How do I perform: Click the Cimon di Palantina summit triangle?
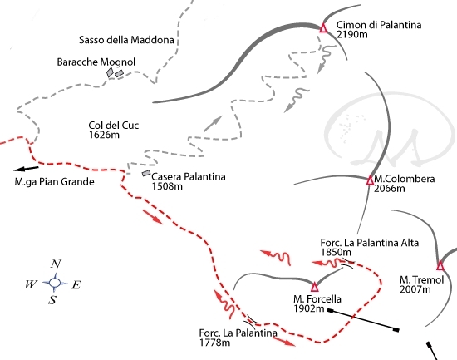pos(323,28)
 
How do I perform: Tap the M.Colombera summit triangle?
pos(370,180)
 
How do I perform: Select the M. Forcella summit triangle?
pos(314,287)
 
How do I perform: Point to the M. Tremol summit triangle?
pos(440,266)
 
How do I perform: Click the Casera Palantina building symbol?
pos(146,173)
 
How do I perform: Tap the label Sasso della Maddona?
pos(126,40)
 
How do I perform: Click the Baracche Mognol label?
pos(96,62)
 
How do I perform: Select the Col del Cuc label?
pos(113,126)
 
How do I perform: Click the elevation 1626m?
pos(104,135)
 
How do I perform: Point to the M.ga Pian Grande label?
pos(54,182)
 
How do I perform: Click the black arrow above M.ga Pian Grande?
pos(26,169)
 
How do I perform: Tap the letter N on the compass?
pos(56,264)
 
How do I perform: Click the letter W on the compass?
pos(32,284)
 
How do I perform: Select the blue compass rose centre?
pos(55,283)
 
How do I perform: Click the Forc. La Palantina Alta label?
pos(369,243)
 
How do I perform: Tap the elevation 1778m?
pos(214,343)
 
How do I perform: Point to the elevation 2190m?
pos(351,34)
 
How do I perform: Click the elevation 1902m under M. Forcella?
pos(309,308)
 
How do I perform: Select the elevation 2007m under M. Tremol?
pos(415,289)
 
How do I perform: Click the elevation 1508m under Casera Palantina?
pos(167,186)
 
